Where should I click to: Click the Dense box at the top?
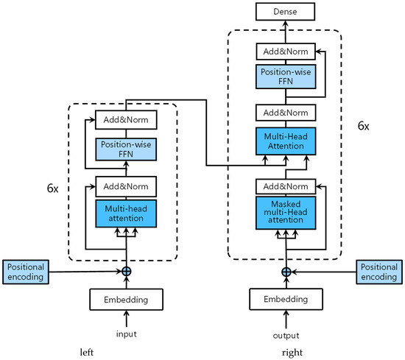[x=286, y=11]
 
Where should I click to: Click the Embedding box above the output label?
[x=286, y=300]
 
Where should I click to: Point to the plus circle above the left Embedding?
[x=127, y=271]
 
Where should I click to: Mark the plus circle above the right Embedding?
[x=286, y=271]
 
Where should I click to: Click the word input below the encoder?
[x=126, y=333]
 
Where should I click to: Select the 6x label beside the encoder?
[x=54, y=188]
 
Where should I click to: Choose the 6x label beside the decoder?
[x=363, y=126]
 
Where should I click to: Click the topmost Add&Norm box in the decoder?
[x=286, y=51]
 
